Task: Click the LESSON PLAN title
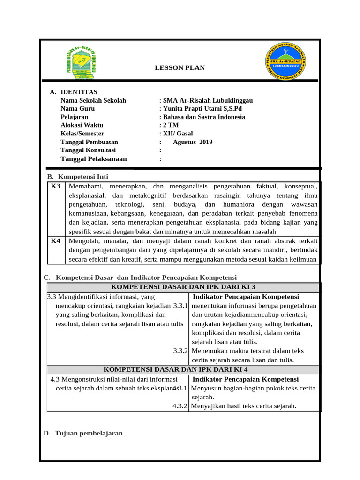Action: [x=180, y=68]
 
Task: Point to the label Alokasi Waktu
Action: [x=82, y=125]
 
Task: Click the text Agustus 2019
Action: [x=193, y=142]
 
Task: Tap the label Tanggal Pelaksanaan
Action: [x=94, y=159]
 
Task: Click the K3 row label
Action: [x=55, y=187]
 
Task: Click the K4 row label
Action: [x=55, y=241]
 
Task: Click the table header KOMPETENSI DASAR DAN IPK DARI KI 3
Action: [x=183, y=287]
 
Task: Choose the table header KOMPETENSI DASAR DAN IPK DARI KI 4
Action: [x=183, y=369]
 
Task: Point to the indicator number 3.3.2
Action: [x=180, y=351]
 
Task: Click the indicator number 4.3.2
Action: [x=180, y=406]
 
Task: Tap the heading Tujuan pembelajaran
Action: [x=89, y=433]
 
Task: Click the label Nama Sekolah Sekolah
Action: [x=93, y=100]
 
